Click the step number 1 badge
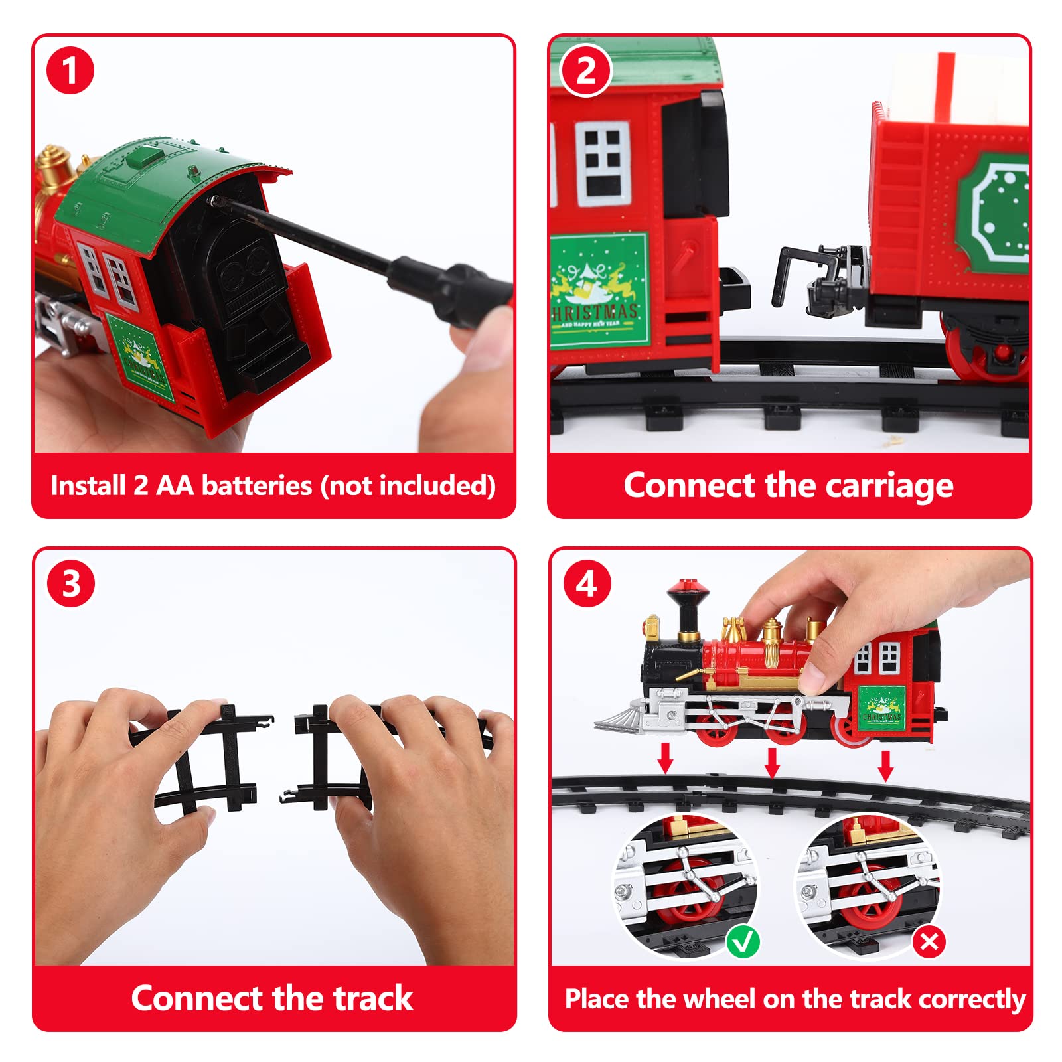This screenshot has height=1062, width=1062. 70,70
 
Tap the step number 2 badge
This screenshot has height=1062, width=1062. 586,70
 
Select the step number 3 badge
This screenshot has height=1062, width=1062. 71,583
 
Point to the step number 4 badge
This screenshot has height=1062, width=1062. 587,583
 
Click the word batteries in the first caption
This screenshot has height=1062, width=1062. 256,485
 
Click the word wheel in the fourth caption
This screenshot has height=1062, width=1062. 720,998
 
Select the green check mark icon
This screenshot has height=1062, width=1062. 743,941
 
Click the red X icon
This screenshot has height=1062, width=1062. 929,941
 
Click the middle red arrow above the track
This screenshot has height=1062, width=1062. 772,763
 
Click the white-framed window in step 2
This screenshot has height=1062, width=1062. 602,164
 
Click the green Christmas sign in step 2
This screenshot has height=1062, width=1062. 598,290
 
